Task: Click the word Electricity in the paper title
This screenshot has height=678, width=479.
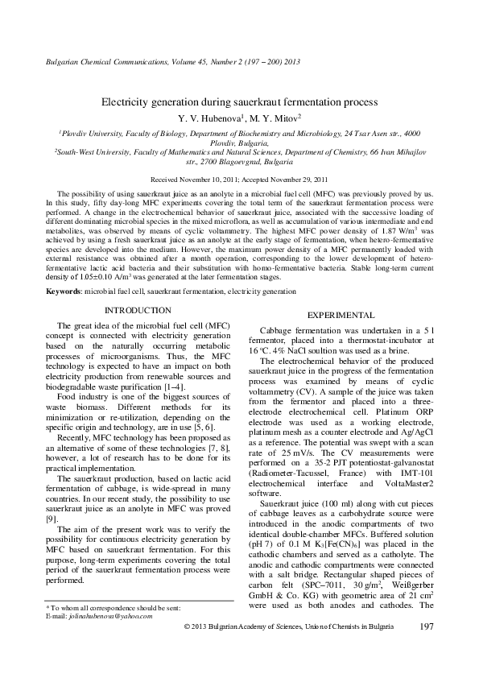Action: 127,102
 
